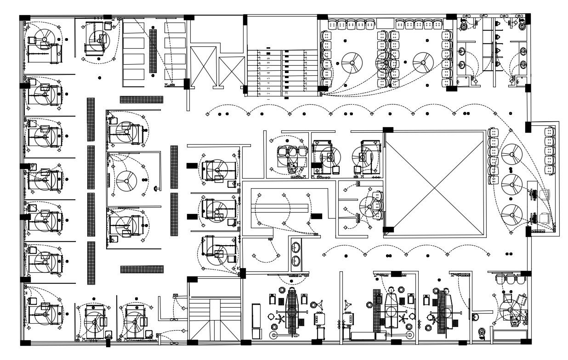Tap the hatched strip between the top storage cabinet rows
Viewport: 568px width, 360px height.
point(153,51)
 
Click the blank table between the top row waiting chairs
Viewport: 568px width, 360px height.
point(385,23)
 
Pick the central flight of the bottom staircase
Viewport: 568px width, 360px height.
point(215,319)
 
